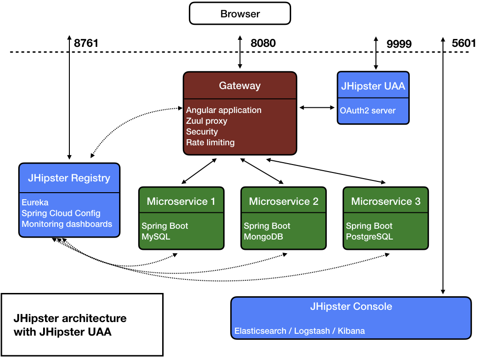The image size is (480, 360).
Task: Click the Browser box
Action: click(x=240, y=14)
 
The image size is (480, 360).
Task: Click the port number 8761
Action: click(x=86, y=43)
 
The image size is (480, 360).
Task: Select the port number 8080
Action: click(x=263, y=43)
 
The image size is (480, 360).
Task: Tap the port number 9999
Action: click(x=399, y=44)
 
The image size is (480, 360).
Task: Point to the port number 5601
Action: click(x=463, y=43)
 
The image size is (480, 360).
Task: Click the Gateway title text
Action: click(x=240, y=86)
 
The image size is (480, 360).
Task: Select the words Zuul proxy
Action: click(x=207, y=121)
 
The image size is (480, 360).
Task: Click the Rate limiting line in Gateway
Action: click(x=210, y=142)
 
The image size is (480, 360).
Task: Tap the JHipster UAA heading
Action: click(x=373, y=86)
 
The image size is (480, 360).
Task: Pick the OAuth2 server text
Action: click(x=368, y=111)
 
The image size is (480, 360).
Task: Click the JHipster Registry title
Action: click(x=69, y=178)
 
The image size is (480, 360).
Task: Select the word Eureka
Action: click(x=35, y=202)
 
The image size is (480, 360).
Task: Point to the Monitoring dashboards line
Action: click(x=67, y=224)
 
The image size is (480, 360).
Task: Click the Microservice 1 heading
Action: click(x=181, y=202)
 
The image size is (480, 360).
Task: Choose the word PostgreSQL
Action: click(x=369, y=237)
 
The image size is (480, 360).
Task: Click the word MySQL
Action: click(x=156, y=237)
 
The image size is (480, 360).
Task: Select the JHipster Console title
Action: click(x=351, y=307)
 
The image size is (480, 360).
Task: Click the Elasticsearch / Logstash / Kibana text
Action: click(x=300, y=331)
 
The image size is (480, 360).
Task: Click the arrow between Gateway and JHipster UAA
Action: click(x=317, y=108)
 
